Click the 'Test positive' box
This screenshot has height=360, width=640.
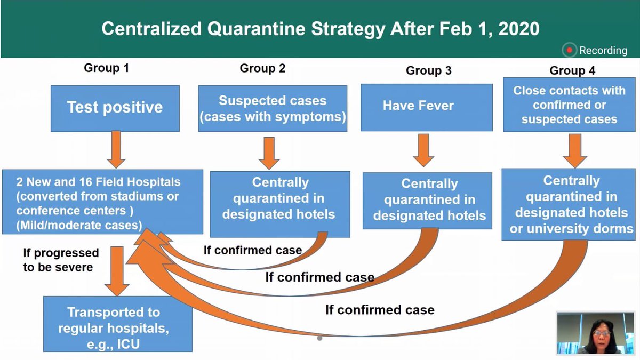[115, 107]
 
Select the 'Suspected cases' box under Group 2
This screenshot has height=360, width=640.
[273, 108]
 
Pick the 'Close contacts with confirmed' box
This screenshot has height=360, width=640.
[569, 105]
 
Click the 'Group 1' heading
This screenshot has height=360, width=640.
[106, 68]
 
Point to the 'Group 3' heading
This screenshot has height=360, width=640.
[428, 71]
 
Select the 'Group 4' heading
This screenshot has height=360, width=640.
[572, 70]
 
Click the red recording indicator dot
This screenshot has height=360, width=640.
[570, 51]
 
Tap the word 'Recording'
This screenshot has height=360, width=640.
[603, 51]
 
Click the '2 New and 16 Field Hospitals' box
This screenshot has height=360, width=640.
[102, 202]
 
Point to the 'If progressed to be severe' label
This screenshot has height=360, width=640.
[60, 260]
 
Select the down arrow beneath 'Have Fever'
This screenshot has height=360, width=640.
[423, 149]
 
